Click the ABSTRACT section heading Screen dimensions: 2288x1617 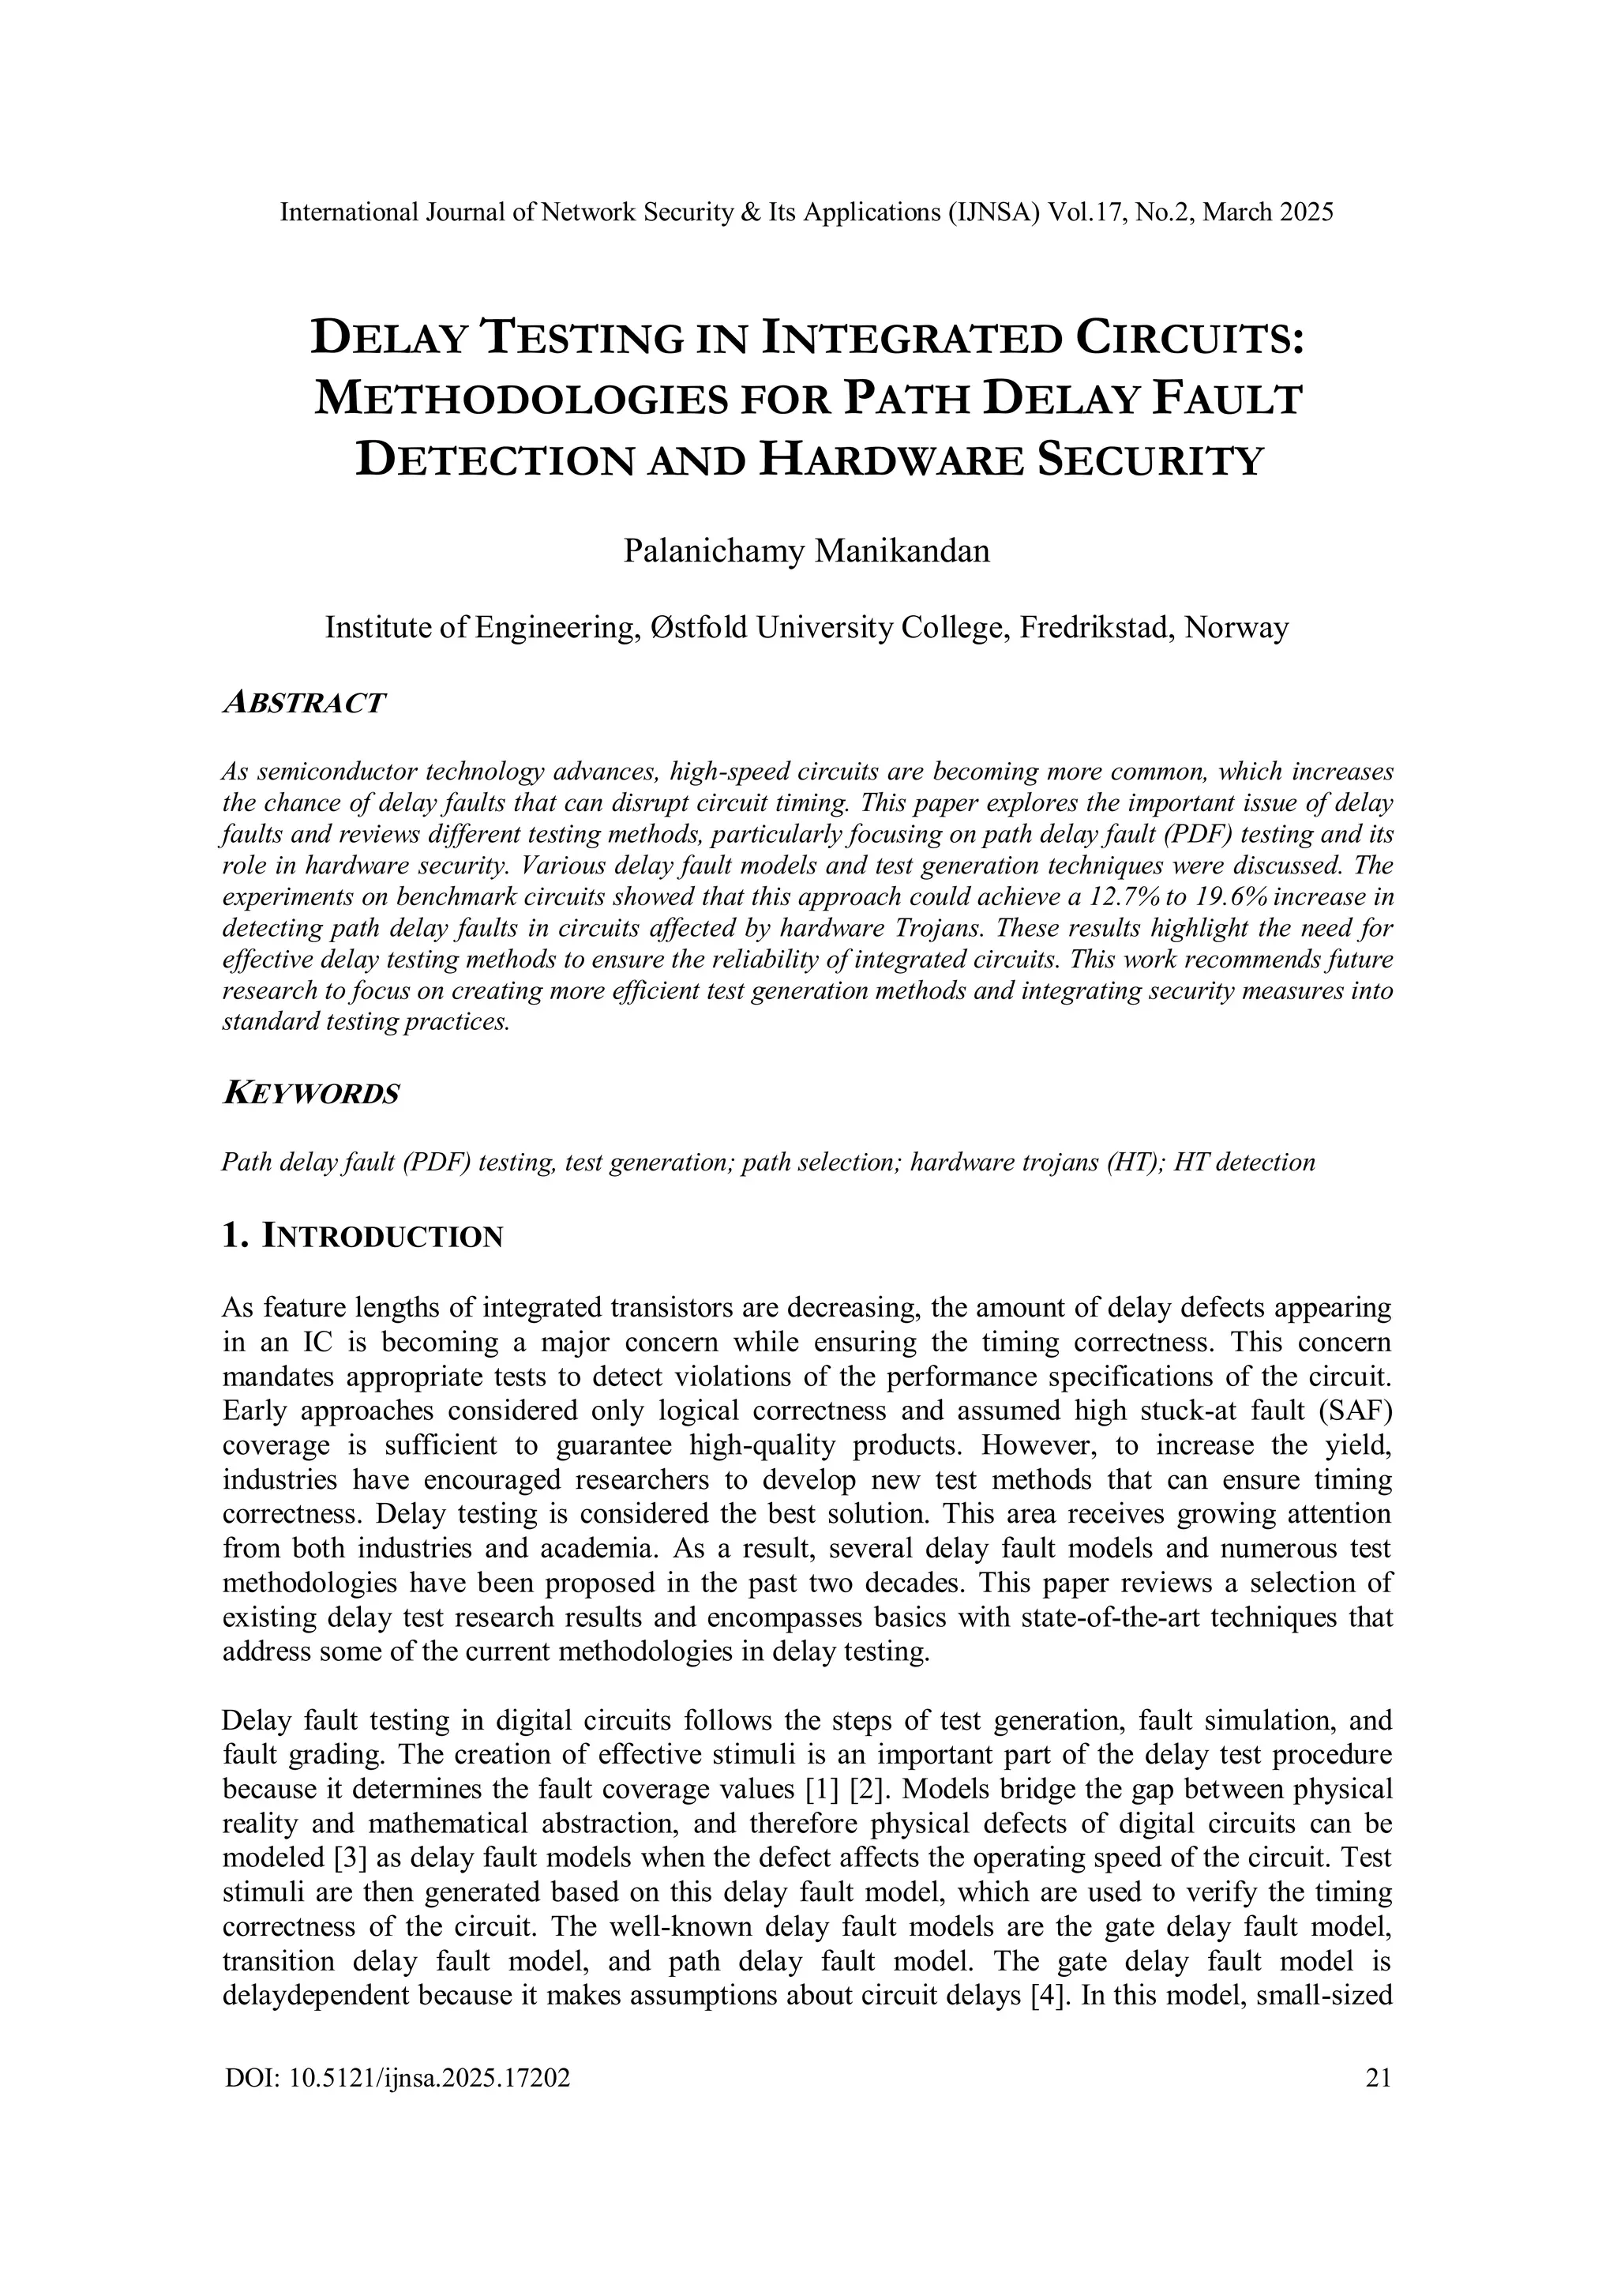303,703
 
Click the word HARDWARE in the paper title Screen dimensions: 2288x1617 891,461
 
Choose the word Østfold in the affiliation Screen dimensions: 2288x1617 697,628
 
